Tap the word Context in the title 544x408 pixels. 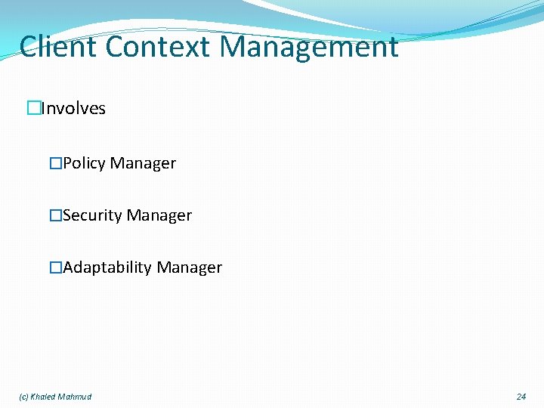pos(159,47)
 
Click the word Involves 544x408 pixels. pos(73,109)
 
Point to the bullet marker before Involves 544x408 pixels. pos(33,109)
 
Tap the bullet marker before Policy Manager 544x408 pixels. pos(56,163)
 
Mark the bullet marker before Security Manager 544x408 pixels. pos(56,215)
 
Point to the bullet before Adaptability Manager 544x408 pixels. pos(56,267)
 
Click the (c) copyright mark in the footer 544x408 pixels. pos(23,397)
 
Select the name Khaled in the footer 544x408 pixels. pos(42,397)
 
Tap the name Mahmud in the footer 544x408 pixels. pos(75,397)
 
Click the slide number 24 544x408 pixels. pos(521,397)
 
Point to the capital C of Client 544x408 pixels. pos(29,47)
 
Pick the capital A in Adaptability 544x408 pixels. pos(68,267)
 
